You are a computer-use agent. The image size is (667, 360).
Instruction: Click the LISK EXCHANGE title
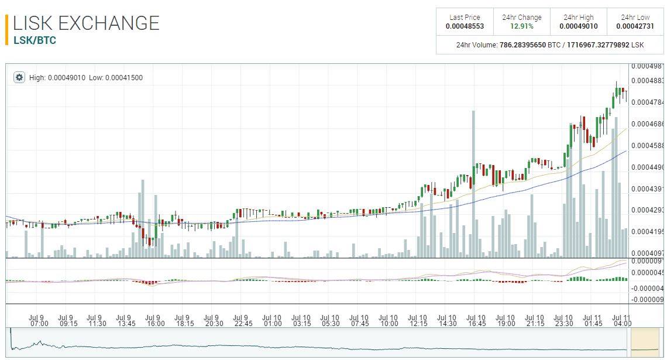(86, 23)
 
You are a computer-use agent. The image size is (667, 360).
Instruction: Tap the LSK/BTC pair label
(35, 41)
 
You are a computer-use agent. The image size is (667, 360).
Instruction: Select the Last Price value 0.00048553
(465, 26)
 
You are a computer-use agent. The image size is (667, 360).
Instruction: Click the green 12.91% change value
(521, 26)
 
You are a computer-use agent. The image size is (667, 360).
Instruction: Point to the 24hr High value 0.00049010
(578, 26)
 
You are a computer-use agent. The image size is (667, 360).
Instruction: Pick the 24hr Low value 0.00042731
(635, 26)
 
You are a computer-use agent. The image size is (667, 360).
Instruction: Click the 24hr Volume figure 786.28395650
(522, 44)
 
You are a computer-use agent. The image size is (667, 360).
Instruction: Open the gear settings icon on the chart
(19, 77)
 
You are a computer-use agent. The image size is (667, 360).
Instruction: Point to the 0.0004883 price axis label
(647, 81)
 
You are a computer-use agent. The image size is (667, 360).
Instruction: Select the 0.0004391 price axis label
(647, 188)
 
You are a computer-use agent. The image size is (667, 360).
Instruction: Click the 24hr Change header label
(521, 18)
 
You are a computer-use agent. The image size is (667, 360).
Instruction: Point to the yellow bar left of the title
(6, 29)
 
